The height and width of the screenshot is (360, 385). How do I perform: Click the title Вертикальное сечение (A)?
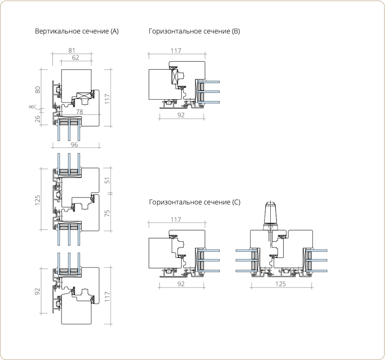pyautogui.click(x=77, y=31)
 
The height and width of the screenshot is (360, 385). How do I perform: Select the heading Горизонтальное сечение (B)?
pyautogui.click(x=194, y=31)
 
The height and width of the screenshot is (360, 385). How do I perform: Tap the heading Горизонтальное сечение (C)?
pyautogui.click(x=194, y=202)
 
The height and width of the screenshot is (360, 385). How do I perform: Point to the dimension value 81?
pyautogui.click(x=71, y=51)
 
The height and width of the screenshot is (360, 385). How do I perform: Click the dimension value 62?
pyautogui.click(x=76, y=58)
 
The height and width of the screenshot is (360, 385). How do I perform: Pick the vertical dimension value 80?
pyautogui.click(x=38, y=90)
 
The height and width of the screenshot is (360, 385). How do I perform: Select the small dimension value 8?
pyautogui.click(x=31, y=107)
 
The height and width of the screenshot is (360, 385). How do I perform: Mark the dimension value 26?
pyautogui.click(x=37, y=119)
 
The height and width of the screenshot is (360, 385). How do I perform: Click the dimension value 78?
pyautogui.click(x=79, y=112)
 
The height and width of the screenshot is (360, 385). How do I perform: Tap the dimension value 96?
pyautogui.click(x=74, y=145)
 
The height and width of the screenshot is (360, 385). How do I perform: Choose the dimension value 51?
pyautogui.click(x=107, y=180)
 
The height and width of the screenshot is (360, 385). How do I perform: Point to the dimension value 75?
pyautogui.click(x=107, y=213)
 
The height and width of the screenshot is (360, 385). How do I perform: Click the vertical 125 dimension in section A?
pyautogui.click(x=37, y=200)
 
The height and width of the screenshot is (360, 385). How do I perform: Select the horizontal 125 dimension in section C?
pyautogui.click(x=280, y=284)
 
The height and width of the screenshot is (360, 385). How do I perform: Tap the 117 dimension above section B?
pyautogui.click(x=176, y=51)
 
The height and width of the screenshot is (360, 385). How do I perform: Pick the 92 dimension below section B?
pyautogui.click(x=181, y=115)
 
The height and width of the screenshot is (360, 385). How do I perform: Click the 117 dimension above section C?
pyautogui.click(x=176, y=219)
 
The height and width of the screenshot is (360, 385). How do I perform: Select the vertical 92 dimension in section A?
pyautogui.click(x=37, y=291)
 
